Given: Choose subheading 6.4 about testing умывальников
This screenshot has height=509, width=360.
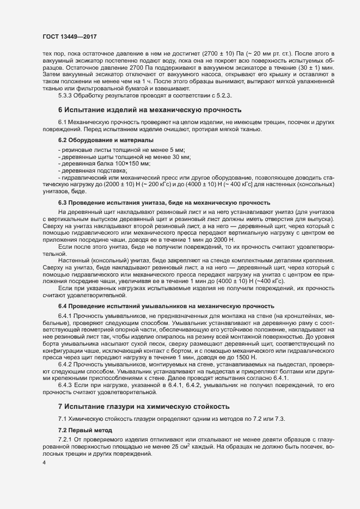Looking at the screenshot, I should pos(162,306).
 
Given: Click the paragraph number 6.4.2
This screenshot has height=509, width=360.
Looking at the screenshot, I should pos(66,364).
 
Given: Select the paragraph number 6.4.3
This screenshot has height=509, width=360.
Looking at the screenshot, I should pos(66,385).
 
